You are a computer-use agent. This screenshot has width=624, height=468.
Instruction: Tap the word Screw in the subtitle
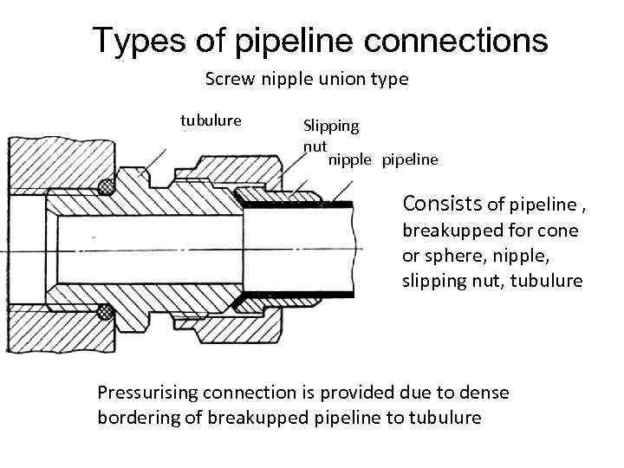[227, 80]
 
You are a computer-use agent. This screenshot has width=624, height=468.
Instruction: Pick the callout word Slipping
[330, 126]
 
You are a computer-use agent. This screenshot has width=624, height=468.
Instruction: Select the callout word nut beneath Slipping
[314, 146]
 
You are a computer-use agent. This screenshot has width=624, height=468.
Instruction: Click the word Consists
[442, 205]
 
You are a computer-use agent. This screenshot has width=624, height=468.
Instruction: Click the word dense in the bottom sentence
[487, 393]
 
